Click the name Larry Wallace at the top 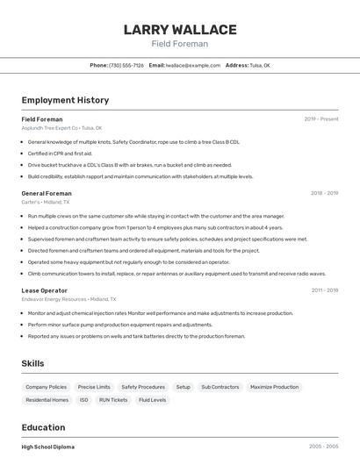(x=179, y=30)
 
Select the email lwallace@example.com (x=193, y=65)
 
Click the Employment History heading (x=65, y=100)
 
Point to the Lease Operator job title (x=44, y=290)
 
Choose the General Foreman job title (x=47, y=192)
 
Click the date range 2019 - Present (x=321, y=118)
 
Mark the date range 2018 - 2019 (x=324, y=192)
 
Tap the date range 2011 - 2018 (x=324, y=290)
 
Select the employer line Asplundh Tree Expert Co (x=61, y=127)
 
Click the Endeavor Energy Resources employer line (x=66, y=299)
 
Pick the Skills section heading (x=32, y=363)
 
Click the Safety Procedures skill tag (x=143, y=387)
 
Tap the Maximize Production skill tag (x=274, y=387)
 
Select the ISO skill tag (x=84, y=400)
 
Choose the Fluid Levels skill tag (x=152, y=400)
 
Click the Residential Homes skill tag (x=47, y=400)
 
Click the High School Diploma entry (x=48, y=447)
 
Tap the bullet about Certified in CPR (x=60, y=153)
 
